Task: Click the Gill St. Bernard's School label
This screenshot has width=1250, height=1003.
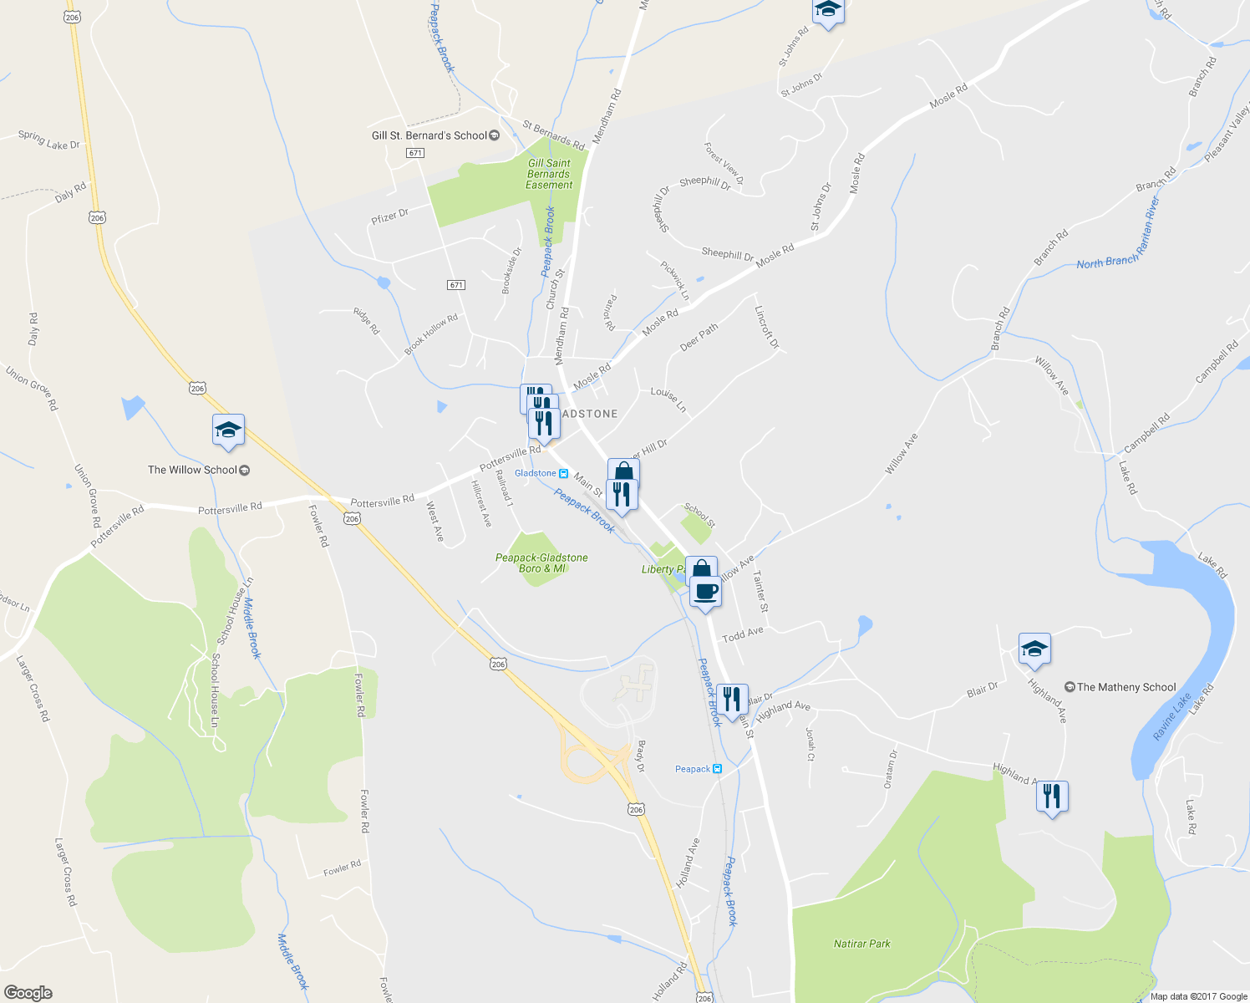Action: pyautogui.click(x=429, y=135)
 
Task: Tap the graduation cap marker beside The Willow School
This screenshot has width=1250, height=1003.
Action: pyautogui.click(x=228, y=430)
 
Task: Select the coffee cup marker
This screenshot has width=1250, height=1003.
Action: pyautogui.click(x=705, y=593)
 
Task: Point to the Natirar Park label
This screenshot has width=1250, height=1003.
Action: pyautogui.click(x=862, y=944)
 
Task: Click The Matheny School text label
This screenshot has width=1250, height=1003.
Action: pyautogui.click(x=1126, y=687)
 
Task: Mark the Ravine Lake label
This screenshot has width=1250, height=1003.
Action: pyautogui.click(x=1171, y=717)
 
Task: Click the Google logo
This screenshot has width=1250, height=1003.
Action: pyautogui.click(x=28, y=993)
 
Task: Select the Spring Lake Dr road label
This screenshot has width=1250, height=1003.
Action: pyautogui.click(x=49, y=140)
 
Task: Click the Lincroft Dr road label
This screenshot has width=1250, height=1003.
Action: pyautogui.click(x=766, y=327)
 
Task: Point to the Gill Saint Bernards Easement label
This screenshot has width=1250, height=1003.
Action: pyautogui.click(x=549, y=174)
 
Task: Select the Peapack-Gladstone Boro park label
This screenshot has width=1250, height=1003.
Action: pyautogui.click(x=541, y=563)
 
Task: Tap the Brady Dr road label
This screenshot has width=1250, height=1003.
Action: pyautogui.click(x=642, y=756)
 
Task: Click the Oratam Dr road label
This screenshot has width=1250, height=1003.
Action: pyautogui.click(x=891, y=769)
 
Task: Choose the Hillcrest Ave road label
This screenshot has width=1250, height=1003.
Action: pyautogui.click(x=481, y=503)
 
